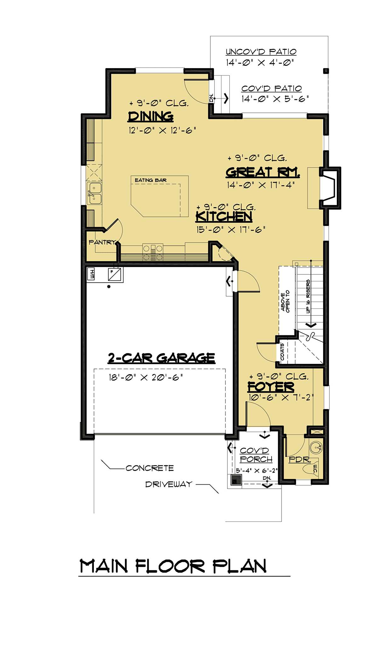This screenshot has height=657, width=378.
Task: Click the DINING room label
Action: pyautogui.click(x=151, y=116)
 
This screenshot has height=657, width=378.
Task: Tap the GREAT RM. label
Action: pyautogui.click(x=263, y=172)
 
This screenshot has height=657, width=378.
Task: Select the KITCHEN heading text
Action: pyautogui.click(x=224, y=216)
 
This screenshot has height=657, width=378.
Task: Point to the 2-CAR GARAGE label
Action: pyautogui.click(x=162, y=358)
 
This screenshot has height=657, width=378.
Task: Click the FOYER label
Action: pyautogui.click(x=271, y=386)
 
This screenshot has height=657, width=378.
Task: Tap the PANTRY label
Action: pyautogui.click(x=102, y=242)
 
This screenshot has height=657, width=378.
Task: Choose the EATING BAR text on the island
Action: pyautogui.click(x=151, y=180)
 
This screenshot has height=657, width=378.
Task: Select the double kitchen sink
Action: pyautogui.click(x=94, y=193)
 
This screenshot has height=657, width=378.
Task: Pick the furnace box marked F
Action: pyautogui.click(x=114, y=274)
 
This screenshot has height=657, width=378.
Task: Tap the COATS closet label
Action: pyautogui.click(x=282, y=352)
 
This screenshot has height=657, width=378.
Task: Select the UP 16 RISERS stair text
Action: pyautogui.click(x=308, y=297)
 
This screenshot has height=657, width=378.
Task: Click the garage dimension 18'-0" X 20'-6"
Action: pyautogui.click(x=146, y=377)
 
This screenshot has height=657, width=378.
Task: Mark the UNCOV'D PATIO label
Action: pyautogui.click(x=261, y=52)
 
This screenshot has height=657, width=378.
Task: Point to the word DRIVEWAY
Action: pyautogui.click(x=169, y=484)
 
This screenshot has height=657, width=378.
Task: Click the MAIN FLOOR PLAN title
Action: pyautogui.click(x=173, y=566)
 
